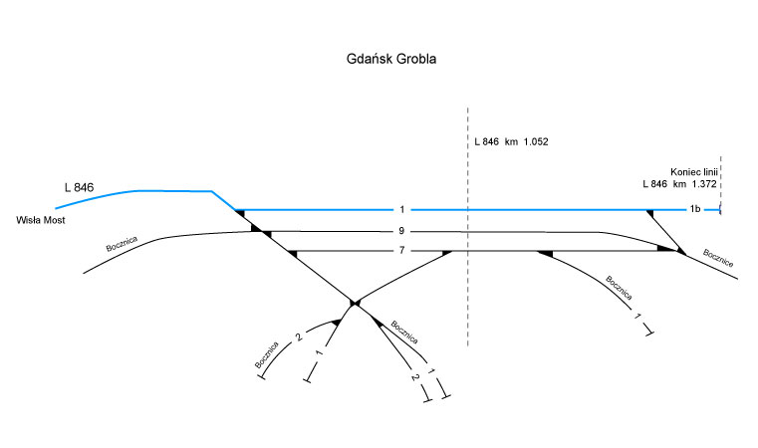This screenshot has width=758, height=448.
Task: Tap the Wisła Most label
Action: (x=41, y=220)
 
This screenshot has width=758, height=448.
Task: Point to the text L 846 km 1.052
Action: (x=511, y=142)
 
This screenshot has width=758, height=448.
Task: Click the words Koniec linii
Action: (x=694, y=171)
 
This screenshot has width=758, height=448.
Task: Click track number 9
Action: (x=399, y=232)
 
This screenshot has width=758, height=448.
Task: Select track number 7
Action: (x=400, y=251)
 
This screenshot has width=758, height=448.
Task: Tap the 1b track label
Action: (x=695, y=210)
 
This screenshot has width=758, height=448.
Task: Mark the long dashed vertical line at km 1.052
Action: (x=467, y=299)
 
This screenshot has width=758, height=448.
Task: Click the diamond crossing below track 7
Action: (x=354, y=302)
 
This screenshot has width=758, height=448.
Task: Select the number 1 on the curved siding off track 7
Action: (x=636, y=317)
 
